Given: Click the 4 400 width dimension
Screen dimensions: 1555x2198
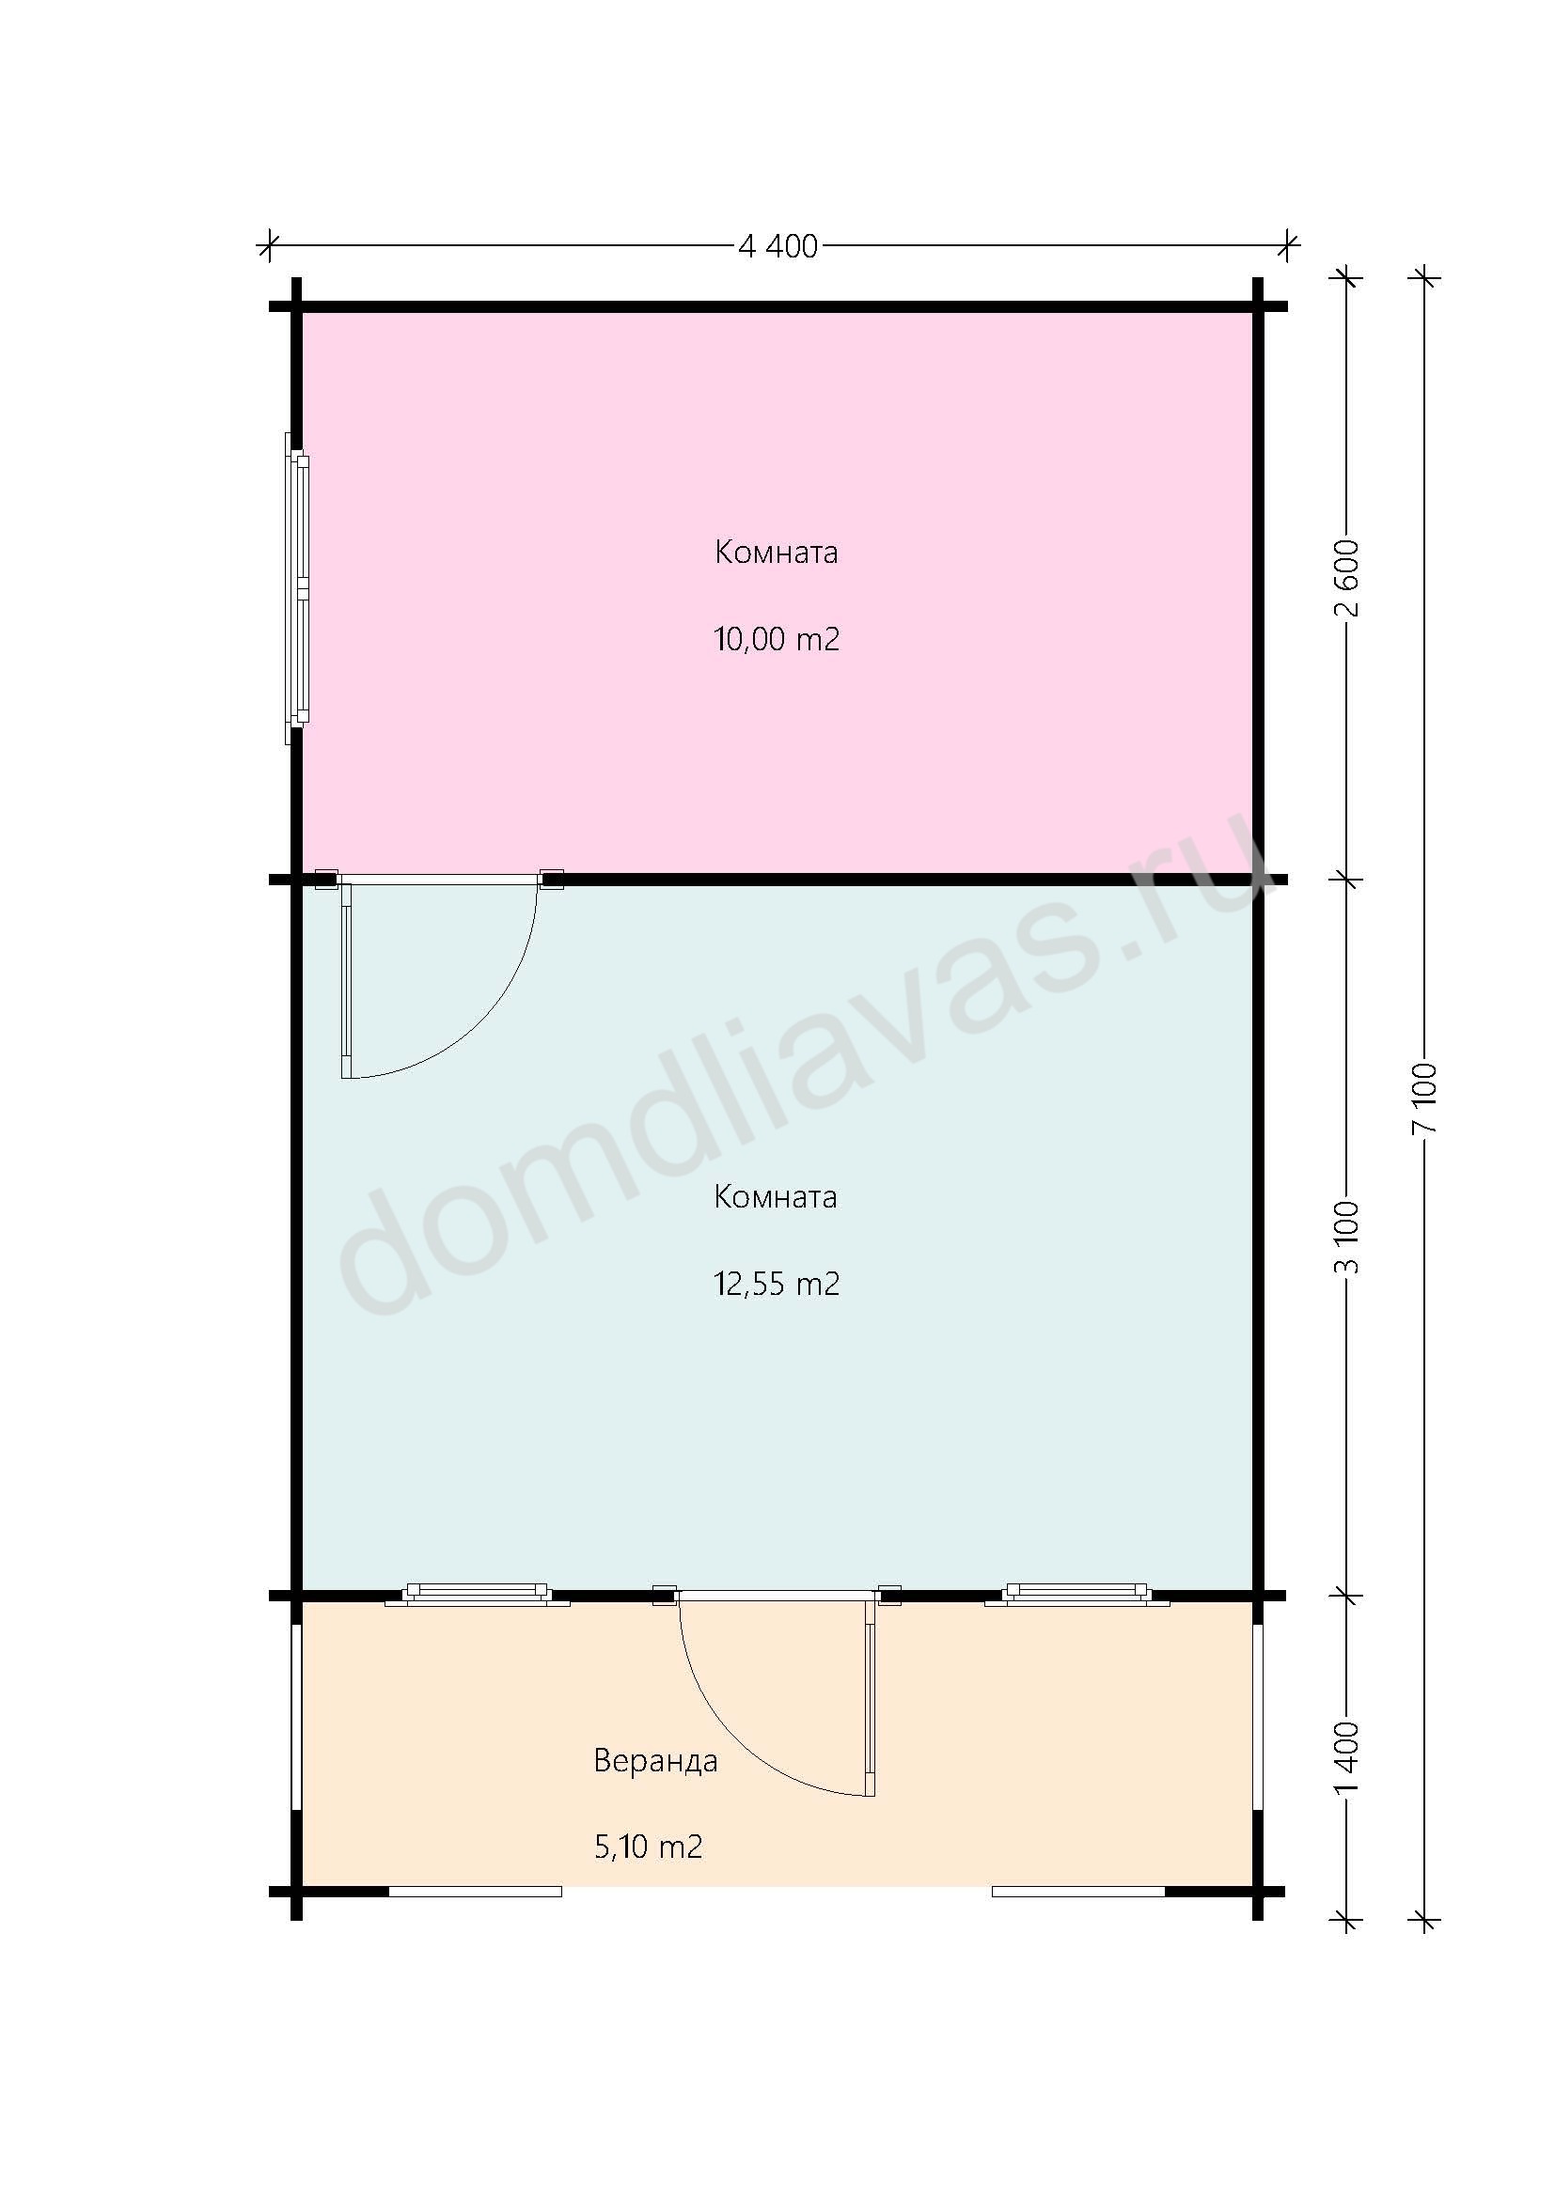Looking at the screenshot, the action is (x=777, y=247).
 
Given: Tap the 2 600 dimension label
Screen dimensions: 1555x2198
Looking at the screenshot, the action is (x=1348, y=578).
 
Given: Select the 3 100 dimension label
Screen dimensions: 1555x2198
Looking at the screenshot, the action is (x=1348, y=1236).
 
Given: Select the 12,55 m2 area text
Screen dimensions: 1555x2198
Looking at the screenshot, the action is (x=777, y=1283).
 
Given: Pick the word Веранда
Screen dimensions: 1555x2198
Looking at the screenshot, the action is (x=656, y=1760).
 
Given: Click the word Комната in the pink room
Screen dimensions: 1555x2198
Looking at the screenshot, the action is (x=777, y=553).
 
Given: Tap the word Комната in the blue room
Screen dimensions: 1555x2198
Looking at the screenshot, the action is (x=776, y=1196).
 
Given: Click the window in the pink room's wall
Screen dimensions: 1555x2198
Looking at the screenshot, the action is (x=298, y=589).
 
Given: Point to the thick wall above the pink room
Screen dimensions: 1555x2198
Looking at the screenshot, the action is (x=777, y=307).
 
